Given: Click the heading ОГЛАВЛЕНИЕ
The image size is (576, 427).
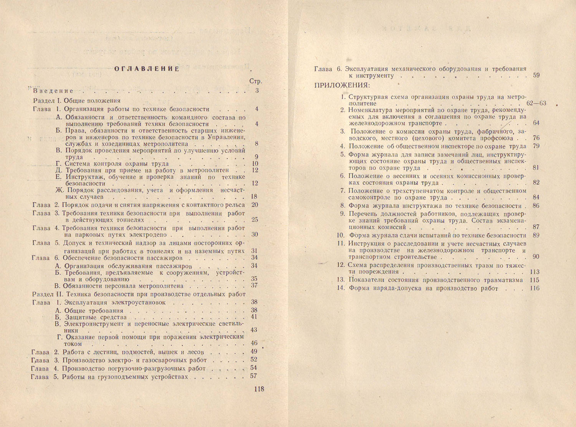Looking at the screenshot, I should point(147,69).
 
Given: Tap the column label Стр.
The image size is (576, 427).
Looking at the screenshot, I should point(256,81).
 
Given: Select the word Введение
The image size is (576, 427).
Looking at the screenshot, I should point(53,91).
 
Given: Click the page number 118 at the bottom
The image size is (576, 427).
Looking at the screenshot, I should point(259,389).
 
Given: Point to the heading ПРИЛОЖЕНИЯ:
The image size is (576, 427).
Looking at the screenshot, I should point(342,85).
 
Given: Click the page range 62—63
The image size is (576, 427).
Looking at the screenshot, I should point(536,104).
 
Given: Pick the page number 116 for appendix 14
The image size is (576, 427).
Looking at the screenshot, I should point(534,289).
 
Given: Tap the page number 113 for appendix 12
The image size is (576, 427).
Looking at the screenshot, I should point(534,272).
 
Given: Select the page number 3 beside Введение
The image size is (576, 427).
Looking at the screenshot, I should point(257,91).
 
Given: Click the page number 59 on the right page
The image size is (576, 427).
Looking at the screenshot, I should point(536,76).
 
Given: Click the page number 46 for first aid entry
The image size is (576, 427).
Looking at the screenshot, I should point(254,343).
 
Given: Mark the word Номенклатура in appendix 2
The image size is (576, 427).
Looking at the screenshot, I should point(370,110).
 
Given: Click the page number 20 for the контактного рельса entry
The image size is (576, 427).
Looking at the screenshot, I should point(255,204).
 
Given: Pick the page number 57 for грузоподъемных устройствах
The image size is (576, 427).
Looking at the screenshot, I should point(253,376).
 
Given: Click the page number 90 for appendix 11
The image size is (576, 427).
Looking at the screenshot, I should point(536,257).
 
